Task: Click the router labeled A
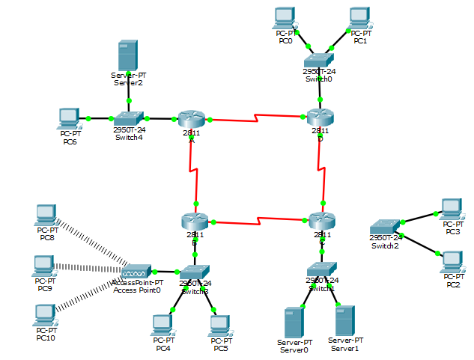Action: click(192, 118)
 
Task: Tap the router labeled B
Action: click(194, 222)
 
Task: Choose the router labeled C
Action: click(322, 222)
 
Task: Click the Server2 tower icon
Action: click(129, 56)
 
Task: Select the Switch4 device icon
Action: click(128, 118)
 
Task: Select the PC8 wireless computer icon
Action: click(46, 216)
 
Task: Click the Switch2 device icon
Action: click(386, 226)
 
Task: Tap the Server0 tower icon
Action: click(294, 322)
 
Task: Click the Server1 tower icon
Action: click(344, 320)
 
